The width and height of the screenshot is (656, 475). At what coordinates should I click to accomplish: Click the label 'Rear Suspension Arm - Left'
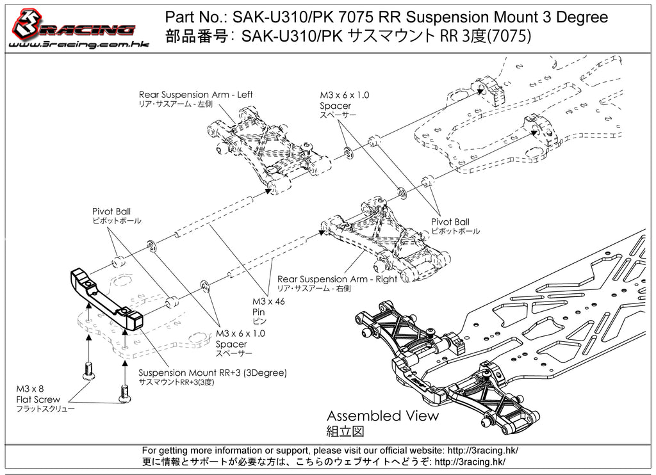coord(195,95)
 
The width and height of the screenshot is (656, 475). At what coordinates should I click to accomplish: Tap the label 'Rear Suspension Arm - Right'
coord(337,279)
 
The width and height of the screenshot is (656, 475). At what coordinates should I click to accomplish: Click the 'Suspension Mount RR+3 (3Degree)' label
coord(213,373)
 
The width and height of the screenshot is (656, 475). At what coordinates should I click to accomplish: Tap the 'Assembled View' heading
coord(382,415)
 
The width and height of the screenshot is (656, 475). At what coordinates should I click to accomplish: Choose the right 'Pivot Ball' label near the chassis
coord(450,222)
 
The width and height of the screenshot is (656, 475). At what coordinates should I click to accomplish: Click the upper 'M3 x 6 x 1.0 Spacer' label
coord(345,100)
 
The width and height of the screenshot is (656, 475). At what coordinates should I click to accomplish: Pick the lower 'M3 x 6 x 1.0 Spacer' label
coord(240,339)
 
